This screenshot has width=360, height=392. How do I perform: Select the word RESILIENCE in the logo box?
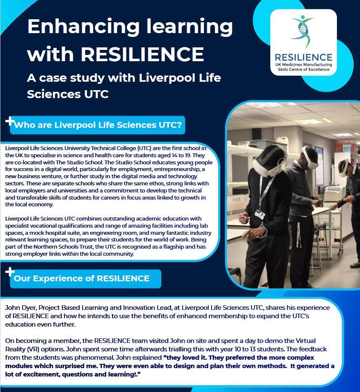303,57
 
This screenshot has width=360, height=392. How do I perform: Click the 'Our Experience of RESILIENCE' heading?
82,278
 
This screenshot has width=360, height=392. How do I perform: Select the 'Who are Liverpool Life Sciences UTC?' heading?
98,125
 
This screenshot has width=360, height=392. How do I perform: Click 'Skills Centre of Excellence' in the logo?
303,70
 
